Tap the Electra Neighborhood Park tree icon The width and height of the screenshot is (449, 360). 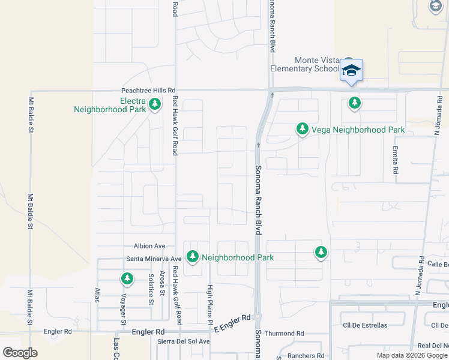click(155, 104)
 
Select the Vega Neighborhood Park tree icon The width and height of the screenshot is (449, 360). click(303, 129)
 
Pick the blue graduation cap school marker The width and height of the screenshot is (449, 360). click(351, 70)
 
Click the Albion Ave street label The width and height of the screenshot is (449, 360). click(149, 246)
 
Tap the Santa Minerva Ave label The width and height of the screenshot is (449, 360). click(153, 259)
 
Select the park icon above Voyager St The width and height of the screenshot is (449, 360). click(127, 278)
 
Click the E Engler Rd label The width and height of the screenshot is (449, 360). click(231, 320)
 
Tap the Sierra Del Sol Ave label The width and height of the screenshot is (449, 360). click(184, 341)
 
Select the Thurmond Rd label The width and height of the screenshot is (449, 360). click(285, 334)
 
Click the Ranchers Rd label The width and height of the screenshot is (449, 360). click(306, 356)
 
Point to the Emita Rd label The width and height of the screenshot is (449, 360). click(396, 160)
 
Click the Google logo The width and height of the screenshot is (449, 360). click(20, 353)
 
